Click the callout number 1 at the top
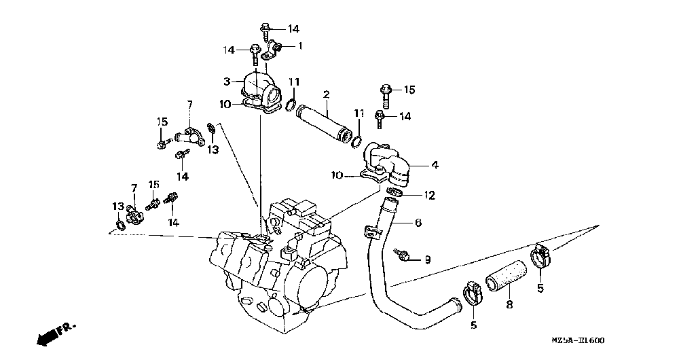tap(301, 46)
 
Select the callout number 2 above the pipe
tap(326, 94)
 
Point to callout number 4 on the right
tap(435, 164)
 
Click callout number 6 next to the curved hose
tap(419, 222)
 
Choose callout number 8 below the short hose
tap(509, 305)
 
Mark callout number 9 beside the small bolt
tap(428, 259)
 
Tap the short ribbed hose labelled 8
tap(504, 277)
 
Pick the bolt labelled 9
tap(403, 255)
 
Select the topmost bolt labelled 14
tap(265, 30)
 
